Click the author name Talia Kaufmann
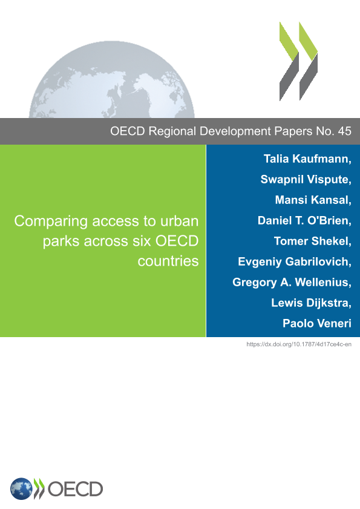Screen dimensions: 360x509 tap(306, 159)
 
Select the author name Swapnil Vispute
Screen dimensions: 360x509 tap(304, 179)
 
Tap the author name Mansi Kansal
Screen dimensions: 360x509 tap(312, 200)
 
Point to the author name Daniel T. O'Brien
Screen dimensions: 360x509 tap(303, 220)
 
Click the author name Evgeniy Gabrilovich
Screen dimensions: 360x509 tap(293, 261)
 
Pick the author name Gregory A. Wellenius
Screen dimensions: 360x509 tap(290, 282)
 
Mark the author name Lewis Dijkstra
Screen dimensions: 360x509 tap(310, 303)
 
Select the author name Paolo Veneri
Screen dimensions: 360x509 tap(317, 323)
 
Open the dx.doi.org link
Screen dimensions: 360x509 tap(299, 344)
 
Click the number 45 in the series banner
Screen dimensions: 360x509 tap(344, 131)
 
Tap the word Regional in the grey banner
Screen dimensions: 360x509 tap(172, 131)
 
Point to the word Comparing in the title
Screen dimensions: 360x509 tap(51, 222)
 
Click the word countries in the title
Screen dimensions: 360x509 tap(168, 261)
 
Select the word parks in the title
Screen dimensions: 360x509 tap(61, 241)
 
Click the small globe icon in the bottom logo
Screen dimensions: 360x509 tap(21, 488)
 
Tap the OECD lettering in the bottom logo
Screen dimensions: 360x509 tap(75, 489)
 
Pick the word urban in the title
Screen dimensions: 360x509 tap(179, 221)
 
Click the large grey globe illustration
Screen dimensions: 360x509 tap(112, 79)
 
